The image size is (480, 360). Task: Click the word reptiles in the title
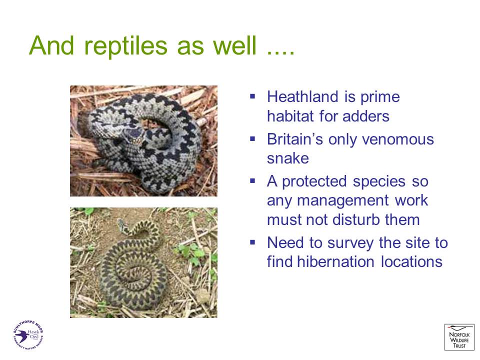click(125, 46)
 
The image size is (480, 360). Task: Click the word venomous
click(398, 139)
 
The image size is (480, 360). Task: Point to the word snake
click(288, 158)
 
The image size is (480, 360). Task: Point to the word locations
click(411, 261)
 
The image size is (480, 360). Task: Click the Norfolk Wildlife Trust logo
click(459, 337)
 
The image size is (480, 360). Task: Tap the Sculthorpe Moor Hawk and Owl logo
click(28, 334)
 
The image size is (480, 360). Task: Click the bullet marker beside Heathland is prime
click(252, 96)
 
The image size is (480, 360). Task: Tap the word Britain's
click(295, 139)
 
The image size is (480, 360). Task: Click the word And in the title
click(51, 46)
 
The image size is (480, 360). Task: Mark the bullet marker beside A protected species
click(252, 181)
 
